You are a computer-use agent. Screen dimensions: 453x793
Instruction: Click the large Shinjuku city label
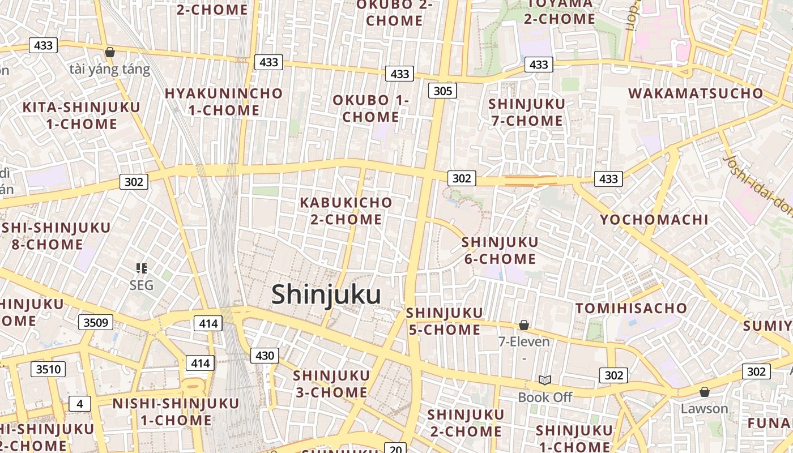[326, 295]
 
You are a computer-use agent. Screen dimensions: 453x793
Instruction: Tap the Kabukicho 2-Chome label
[346, 211]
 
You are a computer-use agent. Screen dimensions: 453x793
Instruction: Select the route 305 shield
[442, 91]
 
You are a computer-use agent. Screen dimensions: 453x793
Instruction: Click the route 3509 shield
[95, 323]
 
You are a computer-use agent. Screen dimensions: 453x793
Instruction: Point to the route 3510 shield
[48, 370]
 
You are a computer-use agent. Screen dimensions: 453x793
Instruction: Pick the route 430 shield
[265, 356]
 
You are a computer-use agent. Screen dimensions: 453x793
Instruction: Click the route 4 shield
[80, 404]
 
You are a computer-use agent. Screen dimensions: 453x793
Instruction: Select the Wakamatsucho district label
[696, 93]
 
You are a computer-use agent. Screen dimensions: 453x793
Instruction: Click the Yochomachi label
[654, 220]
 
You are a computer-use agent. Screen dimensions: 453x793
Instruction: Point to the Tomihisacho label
[631, 309]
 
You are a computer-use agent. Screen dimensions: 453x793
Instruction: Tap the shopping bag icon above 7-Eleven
[524, 325]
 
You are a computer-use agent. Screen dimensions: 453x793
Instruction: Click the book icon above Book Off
[545, 380]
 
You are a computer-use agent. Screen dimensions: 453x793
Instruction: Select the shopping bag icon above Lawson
[705, 391]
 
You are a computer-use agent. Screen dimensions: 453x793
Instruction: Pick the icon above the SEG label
[142, 268]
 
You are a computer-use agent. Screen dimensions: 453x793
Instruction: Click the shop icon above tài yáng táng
[110, 52]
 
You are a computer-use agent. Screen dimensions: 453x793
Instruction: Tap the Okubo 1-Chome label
[370, 109]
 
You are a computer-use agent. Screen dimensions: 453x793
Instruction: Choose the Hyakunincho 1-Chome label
[224, 102]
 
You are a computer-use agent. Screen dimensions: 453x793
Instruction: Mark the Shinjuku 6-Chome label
[500, 250]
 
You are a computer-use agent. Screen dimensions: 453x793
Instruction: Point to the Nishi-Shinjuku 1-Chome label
[176, 412]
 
